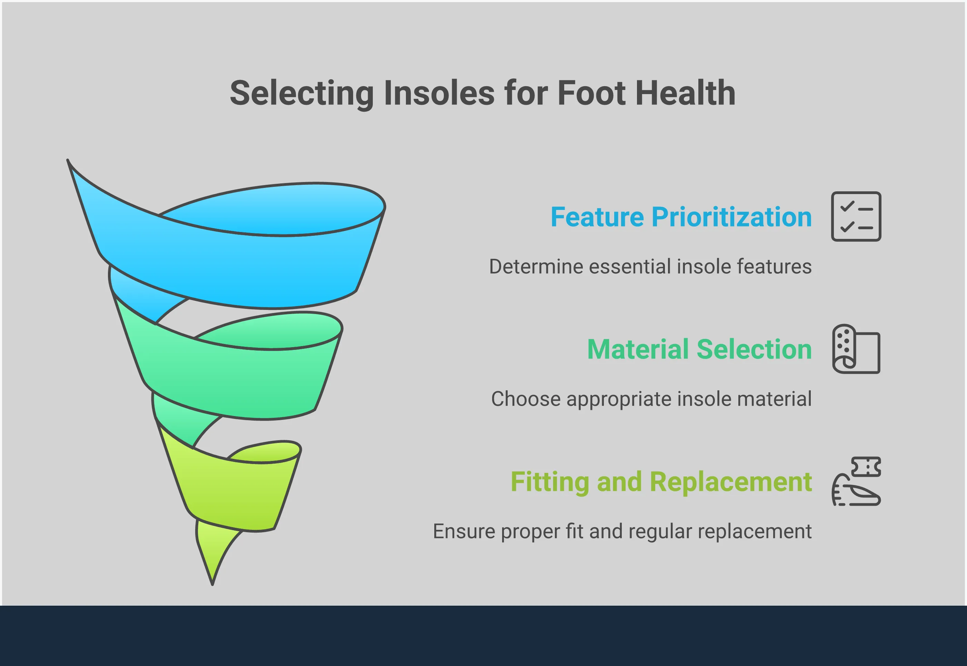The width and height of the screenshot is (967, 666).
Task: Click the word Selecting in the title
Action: (301, 93)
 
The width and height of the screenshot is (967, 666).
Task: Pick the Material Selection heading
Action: (699, 349)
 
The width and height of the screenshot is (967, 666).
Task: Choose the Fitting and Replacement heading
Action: (661, 482)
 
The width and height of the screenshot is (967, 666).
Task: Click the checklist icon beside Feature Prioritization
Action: (856, 216)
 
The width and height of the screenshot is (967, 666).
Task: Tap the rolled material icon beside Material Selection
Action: (856, 349)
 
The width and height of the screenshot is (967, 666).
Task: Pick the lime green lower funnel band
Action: (238, 492)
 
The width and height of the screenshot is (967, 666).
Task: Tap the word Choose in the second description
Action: (526, 399)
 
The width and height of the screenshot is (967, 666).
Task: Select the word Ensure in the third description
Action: (463, 532)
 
